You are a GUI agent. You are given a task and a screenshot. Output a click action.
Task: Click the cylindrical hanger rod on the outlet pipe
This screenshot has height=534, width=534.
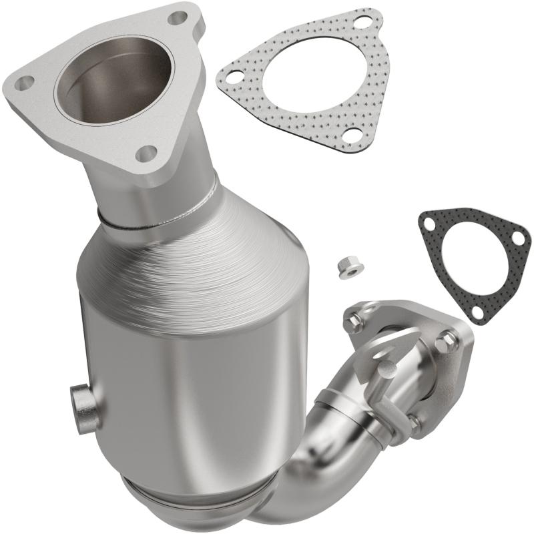[x=386, y=386]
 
